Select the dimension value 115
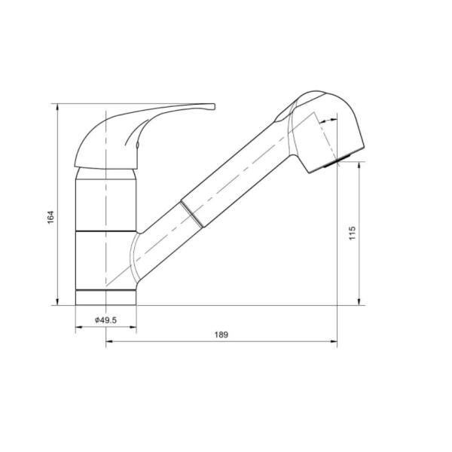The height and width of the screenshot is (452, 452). click(x=352, y=233)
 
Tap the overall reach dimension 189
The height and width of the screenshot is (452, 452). click(x=221, y=334)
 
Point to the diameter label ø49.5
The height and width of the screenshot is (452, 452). click(x=105, y=320)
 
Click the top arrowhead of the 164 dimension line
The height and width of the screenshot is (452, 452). click(x=57, y=107)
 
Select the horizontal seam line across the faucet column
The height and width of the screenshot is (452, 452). click(x=106, y=230)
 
